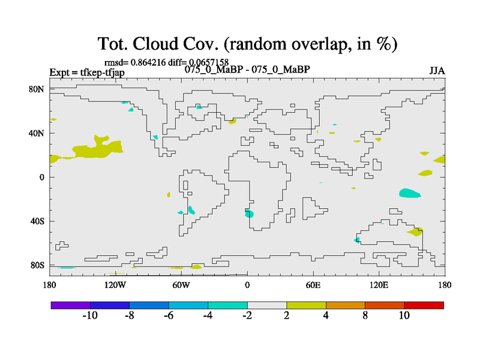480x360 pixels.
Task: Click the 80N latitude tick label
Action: pos(37,89)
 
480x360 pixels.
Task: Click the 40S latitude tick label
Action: pos(37,221)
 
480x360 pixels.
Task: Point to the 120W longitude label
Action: pos(115,285)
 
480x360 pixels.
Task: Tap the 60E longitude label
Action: pos(313,285)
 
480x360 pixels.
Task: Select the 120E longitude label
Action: pos(379,285)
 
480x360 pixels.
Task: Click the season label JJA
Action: pos(437,71)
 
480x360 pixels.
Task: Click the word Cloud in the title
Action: pos(155,43)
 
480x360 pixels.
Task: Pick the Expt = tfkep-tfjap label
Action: pos(87,73)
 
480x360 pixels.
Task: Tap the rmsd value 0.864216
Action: pos(148,62)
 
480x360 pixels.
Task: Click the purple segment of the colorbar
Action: pos(71,305)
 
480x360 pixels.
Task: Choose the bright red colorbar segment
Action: pos(424,305)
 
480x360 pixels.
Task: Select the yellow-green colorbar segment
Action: pos(306,305)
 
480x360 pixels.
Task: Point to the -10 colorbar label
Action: pos(90,316)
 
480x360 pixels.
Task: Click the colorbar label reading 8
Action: pos(365,316)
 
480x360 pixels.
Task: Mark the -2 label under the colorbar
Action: pos(247,316)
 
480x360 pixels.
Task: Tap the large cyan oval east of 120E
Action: pos(410,193)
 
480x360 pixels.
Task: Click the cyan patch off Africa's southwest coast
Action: pos(249,213)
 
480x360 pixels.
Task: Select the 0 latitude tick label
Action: pos(41,177)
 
